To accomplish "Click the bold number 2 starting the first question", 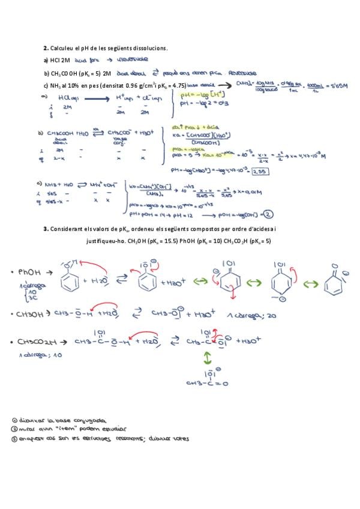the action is click(45, 47).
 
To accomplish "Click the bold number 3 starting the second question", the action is click(45, 229).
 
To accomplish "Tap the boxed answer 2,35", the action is click(260, 171).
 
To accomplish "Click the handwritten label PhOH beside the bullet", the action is click(31, 271).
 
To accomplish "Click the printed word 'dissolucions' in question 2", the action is click(146, 48).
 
